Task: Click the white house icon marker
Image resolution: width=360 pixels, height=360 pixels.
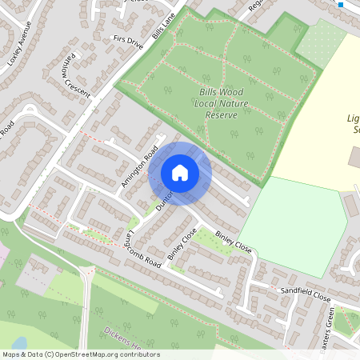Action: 180,173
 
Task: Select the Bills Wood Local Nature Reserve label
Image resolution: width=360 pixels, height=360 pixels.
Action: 222,104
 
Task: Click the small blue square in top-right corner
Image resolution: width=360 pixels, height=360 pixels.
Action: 341,5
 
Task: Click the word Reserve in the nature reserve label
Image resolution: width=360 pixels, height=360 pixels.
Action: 222,116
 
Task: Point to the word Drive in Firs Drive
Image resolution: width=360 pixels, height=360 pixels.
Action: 135,44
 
